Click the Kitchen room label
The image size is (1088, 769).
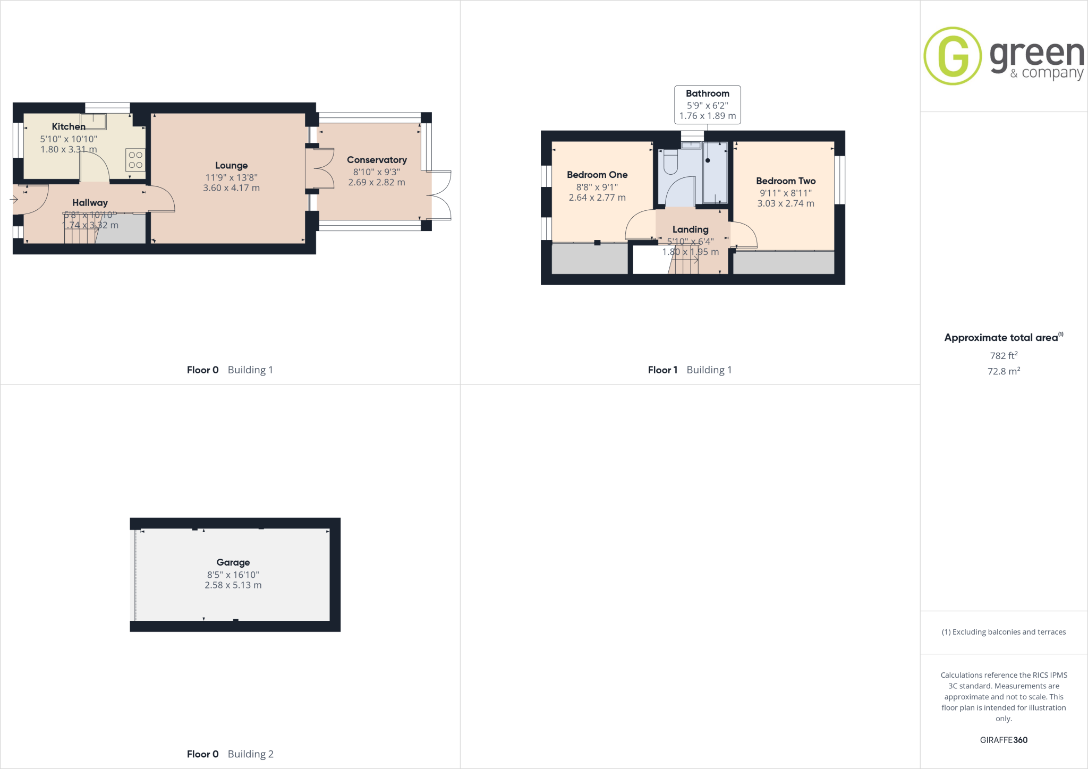(x=69, y=126)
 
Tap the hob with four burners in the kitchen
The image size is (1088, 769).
(x=135, y=160)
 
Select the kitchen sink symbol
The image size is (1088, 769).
(x=93, y=122)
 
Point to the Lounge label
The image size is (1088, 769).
(x=231, y=166)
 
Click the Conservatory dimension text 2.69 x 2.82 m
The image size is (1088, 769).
(x=377, y=182)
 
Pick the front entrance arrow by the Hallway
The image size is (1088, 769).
(x=14, y=200)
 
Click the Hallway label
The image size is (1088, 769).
(x=90, y=203)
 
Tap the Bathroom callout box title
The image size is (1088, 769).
(x=707, y=93)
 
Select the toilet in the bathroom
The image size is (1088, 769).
(x=670, y=162)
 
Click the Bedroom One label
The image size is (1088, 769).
(x=597, y=175)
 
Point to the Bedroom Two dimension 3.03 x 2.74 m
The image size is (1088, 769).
(x=785, y=203)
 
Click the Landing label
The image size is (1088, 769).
(x=690, y=229)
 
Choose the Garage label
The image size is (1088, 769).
(x=233, y=562)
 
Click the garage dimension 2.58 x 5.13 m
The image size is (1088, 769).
(x=233, y=585)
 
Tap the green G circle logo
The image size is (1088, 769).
(x=953, y=56)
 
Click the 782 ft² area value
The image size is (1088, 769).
(x=1004, y=356)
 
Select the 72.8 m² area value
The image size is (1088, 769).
(x=1004, y=371)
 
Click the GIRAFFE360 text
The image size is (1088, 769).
(x=1004, y=740)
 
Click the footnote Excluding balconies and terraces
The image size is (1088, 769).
(x=1004, y=632)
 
